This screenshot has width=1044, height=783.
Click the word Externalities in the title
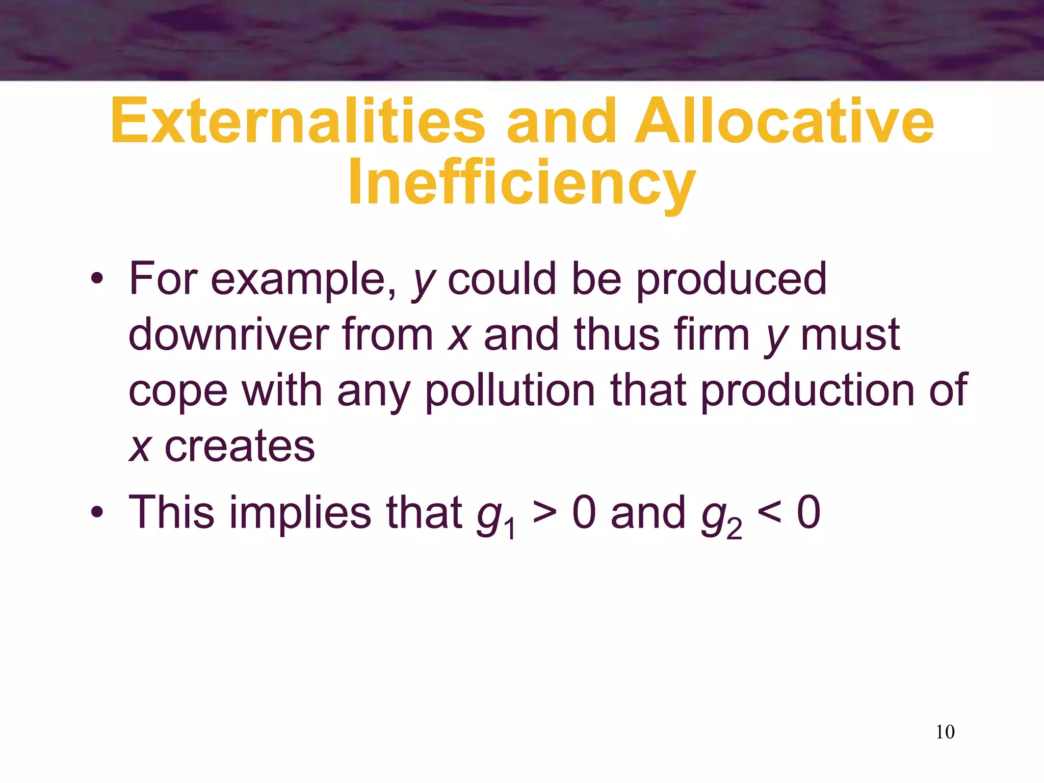pyautogui.click(x=298, y=121)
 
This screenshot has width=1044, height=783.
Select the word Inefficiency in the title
pyautogui.click(x=521, y=182)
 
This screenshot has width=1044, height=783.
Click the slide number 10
pyautogui.click(x=945, y=732)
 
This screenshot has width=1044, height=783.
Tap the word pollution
pyautogui.click(x=510, y=390)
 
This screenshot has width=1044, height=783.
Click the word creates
pyautogui.click(x=240, y=447)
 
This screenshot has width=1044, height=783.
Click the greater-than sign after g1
pyautogui.click(x=544, y=512)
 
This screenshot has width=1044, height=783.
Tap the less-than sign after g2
pyautogui.click(x=769, y=512)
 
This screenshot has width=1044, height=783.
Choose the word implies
pyautogui.click(x=301, y=513)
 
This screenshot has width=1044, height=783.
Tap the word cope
pyautogui.click(x=178, y=391)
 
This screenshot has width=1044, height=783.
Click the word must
pyautogui.click(x=850, y=334)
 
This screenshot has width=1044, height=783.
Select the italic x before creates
pyautogui.click(x=139, y=448)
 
